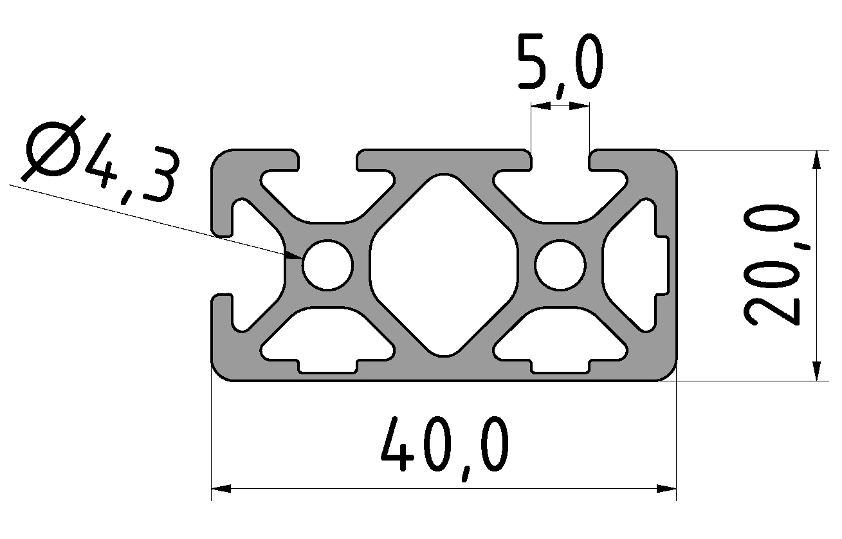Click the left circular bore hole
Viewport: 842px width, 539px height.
[x=328, y=264]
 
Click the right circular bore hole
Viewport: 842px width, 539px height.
[x=560, y=264]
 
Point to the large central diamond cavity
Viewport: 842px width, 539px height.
[x=444, y=264]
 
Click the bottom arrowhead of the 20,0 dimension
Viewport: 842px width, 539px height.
[x=816, y=372]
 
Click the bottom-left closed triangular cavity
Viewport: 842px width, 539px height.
[x=328, y=341]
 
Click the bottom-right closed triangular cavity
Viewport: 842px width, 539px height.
[x=560, y=341]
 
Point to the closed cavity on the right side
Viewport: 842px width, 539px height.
[x=634, y=264]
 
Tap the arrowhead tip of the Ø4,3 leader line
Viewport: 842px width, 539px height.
[x=302, y=258]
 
